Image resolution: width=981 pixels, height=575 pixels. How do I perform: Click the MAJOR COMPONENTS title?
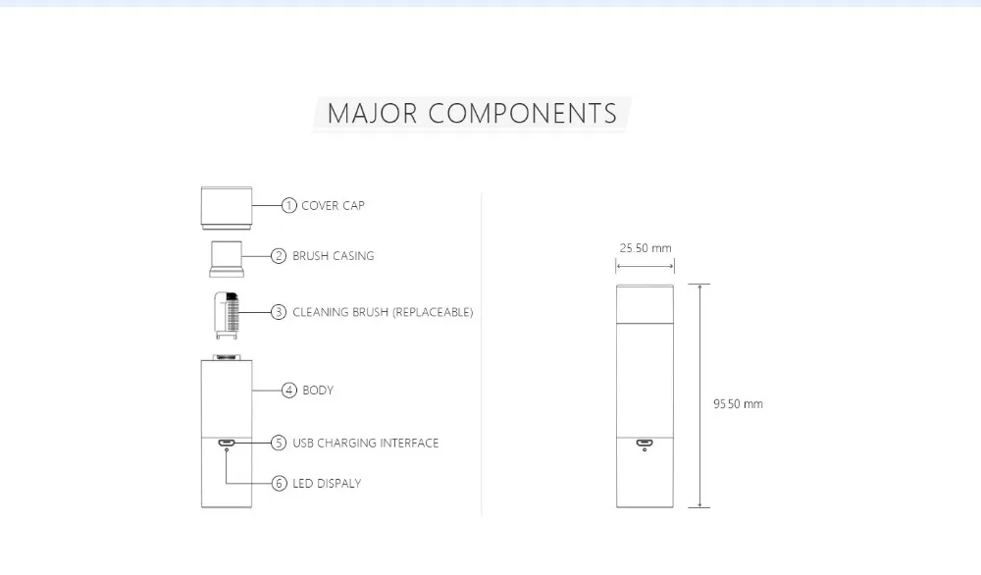[472, 113]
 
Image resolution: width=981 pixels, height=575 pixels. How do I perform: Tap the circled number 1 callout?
[288, 205]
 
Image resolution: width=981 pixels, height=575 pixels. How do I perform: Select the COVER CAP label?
[333, 205]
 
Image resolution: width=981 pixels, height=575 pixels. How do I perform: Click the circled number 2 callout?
[279, 256]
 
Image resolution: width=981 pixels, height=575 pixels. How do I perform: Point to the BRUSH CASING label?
[334, 256]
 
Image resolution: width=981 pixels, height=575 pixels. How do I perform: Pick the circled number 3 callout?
[279, 312]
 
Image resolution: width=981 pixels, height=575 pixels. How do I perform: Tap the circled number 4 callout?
[288, 391]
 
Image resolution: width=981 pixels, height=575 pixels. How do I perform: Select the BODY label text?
[318, 391]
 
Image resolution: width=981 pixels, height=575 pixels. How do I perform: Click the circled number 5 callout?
[279, 443]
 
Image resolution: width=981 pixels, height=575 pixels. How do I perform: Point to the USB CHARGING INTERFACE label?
[365, 443]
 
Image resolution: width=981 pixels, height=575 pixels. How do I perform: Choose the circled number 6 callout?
[279, 483]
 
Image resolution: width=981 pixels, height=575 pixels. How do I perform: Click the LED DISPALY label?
[327, 484]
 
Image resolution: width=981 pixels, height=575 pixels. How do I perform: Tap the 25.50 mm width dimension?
[645, 248]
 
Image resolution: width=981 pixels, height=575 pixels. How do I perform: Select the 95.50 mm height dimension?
[739, 404]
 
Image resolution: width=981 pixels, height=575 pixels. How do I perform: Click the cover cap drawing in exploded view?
[227, 208]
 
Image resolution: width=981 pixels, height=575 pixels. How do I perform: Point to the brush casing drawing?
[227, 259]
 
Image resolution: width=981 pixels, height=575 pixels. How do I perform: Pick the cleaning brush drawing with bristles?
[227, 315]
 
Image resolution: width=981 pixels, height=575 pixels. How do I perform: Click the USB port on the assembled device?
[645, 443]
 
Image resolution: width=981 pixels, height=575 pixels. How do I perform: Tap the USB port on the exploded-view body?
[227, 443]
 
